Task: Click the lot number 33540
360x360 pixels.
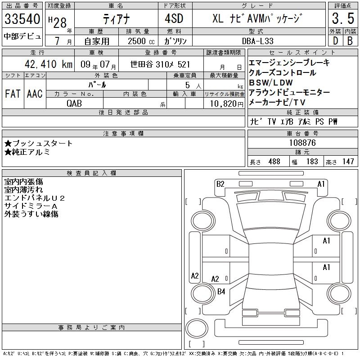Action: pyautogui.click(x=22, y=19)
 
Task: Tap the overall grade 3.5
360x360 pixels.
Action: pyautogui.click(x=343, y=18)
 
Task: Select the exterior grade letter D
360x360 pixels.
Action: pyautogui.click(x=335, y=41)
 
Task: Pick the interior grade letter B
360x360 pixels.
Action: pyautogui.click(x=350, y=41)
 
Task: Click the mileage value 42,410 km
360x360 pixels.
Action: pyautogui.click(x=49, y=64)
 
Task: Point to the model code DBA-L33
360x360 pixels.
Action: pyautogui.click(x=258, y=41)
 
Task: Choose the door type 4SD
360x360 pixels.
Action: pyautogui.click(x=174, y=18)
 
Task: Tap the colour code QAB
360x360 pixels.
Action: pyautogui.click(x=74, y=103)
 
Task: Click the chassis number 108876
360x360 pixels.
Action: pyautogui.click(x=302, y=143)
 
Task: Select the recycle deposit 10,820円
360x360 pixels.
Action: pyautogui.click(x=227, y=104)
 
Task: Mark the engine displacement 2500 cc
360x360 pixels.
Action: pyautogui.click(x=141, y=41)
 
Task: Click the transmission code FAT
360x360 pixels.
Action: pyautogui.click(x=13, y=94)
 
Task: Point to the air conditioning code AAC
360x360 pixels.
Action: pyautogui.click(x=35, y=94)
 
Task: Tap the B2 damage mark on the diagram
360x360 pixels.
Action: pyautogui.click(x=220, y=184)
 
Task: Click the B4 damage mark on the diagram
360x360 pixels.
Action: pyautogui.click(x=221, y=292)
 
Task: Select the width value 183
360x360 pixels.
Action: pyautogui.click(x=312, y=162)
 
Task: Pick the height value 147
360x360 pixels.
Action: pyautogui.click(x=348, y=162)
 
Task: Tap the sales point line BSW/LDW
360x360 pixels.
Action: pyautogui.click(x=271, y=83)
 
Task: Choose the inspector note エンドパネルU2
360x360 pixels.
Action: pyautogui.click(x=35, y=198)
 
